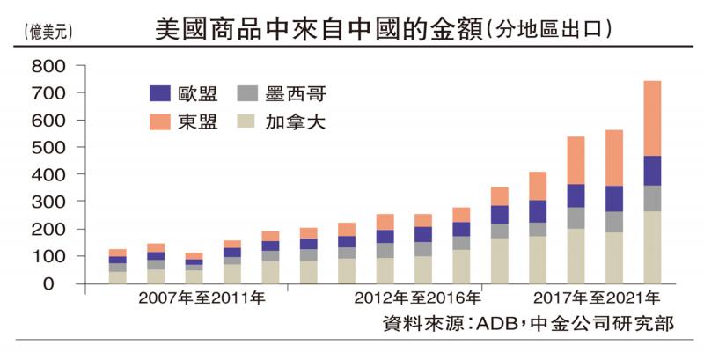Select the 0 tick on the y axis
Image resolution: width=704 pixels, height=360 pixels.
pyautogui.click(x=61, y=284)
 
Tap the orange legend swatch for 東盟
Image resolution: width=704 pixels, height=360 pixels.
pyautogui.click(x=159, y=122)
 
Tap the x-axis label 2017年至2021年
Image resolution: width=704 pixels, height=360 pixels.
pyautogui.click(x=598, y=298)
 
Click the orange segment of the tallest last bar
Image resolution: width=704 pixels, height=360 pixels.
pyautogui.click(x=652, y=118)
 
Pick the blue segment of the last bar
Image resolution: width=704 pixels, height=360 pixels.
pyautogui.click(x=652, y=170)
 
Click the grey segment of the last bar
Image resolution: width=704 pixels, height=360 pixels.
pyautogui.click(x=652, y=198)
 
